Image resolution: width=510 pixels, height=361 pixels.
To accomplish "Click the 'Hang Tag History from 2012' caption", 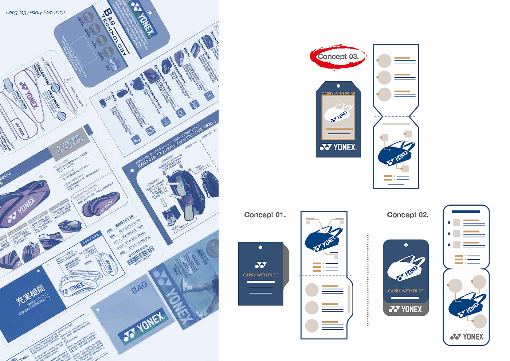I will (x=35, y=12).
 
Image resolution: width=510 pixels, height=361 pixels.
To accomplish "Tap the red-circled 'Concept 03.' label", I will (x=338, y=57).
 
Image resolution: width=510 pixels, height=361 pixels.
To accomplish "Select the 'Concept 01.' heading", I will (x=265, y=215).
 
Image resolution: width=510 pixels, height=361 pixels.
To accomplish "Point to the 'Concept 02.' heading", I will (x=408, y=215).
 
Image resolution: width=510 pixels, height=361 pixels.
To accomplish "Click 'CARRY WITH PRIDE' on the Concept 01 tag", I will (x=261, y=275).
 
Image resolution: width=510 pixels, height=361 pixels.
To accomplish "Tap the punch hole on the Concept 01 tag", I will (x=260, y=247).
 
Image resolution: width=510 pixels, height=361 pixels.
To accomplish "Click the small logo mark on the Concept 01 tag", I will (x=261, y=265).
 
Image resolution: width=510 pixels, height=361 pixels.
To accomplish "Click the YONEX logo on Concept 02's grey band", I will (x=406, y=310).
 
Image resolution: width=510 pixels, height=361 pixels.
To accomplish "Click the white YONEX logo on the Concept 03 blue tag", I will (x=338, y=147).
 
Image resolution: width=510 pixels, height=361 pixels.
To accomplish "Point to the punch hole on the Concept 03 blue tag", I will (x=338, y=86).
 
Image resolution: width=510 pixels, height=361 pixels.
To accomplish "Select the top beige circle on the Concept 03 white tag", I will (x=384, y=61).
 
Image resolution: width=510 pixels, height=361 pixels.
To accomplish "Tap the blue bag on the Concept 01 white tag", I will (x=323, y=240).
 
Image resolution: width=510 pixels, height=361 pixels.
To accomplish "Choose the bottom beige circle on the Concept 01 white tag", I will (x=312, y=325).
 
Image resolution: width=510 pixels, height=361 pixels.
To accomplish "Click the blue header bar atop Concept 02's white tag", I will (x=466, y=211).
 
